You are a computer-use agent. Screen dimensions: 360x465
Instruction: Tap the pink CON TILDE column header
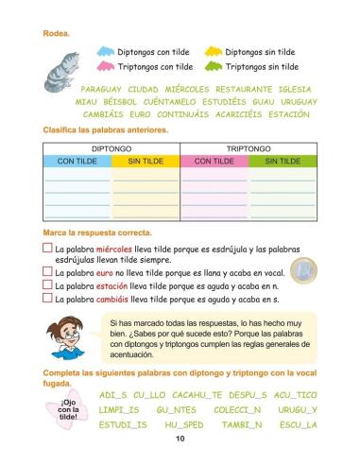pos(214,162)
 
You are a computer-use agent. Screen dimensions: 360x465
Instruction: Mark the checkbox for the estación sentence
pos(48,284)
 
